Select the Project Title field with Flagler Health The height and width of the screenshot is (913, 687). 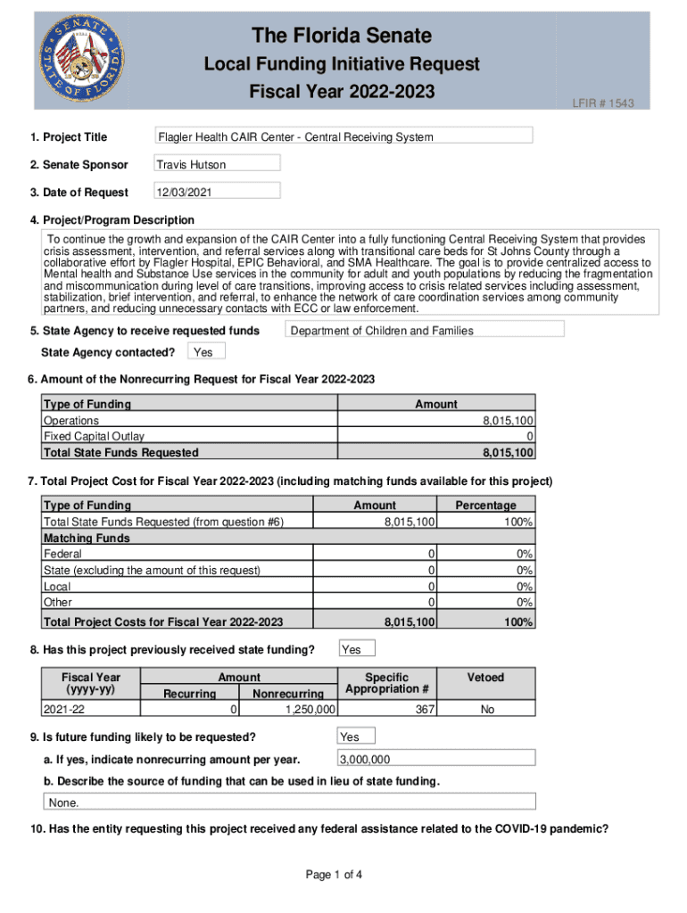pos(343,136)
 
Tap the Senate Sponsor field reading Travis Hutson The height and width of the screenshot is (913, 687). pos(217,164)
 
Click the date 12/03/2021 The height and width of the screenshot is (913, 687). pos(217,192)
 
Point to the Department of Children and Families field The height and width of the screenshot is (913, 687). pos(424,330)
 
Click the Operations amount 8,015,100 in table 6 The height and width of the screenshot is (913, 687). pos(509,420)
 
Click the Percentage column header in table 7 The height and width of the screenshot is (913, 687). pos(485,506)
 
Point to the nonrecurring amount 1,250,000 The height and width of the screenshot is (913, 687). pos(309,709)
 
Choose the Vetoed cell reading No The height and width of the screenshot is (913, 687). pos(486,709)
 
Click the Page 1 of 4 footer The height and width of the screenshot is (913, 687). pos(334,875)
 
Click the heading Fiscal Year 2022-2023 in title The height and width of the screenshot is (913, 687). pos(342,92)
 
